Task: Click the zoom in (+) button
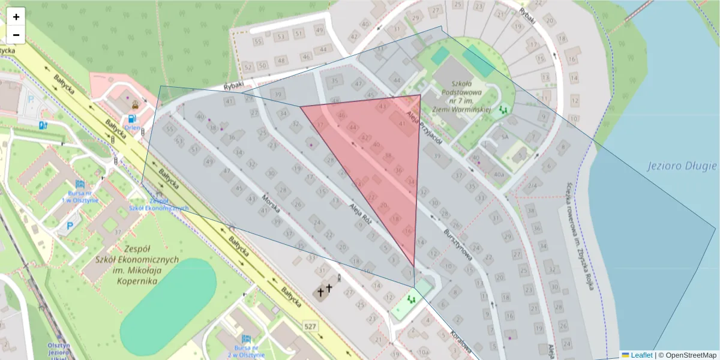coord(16,17)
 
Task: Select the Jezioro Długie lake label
coord(682,166)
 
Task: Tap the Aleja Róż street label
coord(361,213)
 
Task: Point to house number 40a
coord(498,175)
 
